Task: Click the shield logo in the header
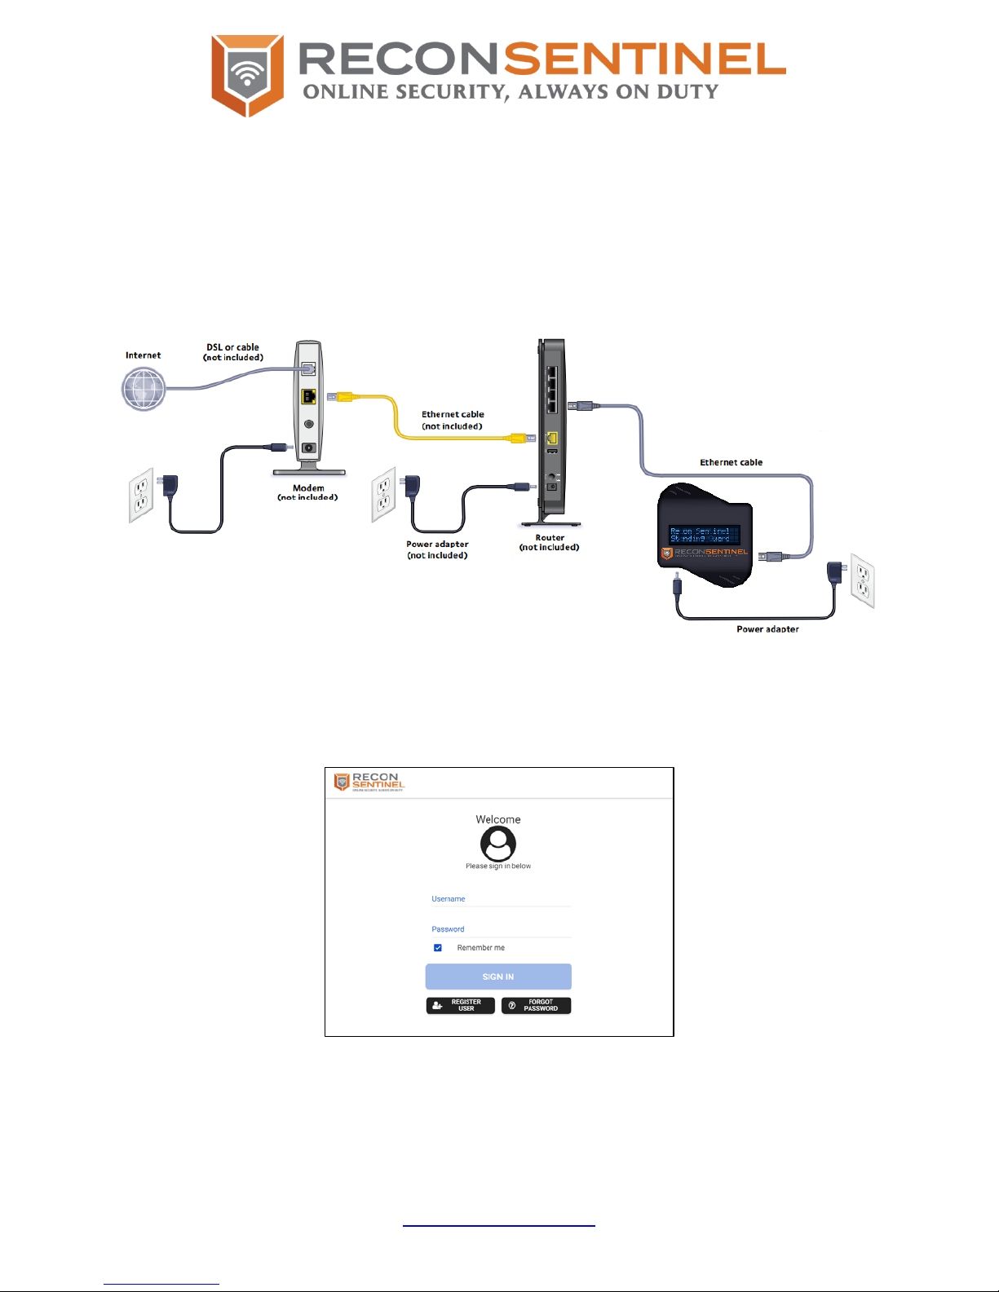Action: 247,75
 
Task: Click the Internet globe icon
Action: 144,389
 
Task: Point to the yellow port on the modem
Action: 308,397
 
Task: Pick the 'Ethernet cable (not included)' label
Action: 453,420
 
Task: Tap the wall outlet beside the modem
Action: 141,494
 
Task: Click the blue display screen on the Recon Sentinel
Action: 704,535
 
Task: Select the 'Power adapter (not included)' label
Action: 437,549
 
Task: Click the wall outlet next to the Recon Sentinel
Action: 862,580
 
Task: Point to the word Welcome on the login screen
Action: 498,819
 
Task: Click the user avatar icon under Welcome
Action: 498,844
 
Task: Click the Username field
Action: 501,899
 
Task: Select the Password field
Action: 501,929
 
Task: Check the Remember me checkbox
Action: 438,947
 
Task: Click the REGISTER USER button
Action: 460,1005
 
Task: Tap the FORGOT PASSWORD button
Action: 536,1005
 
